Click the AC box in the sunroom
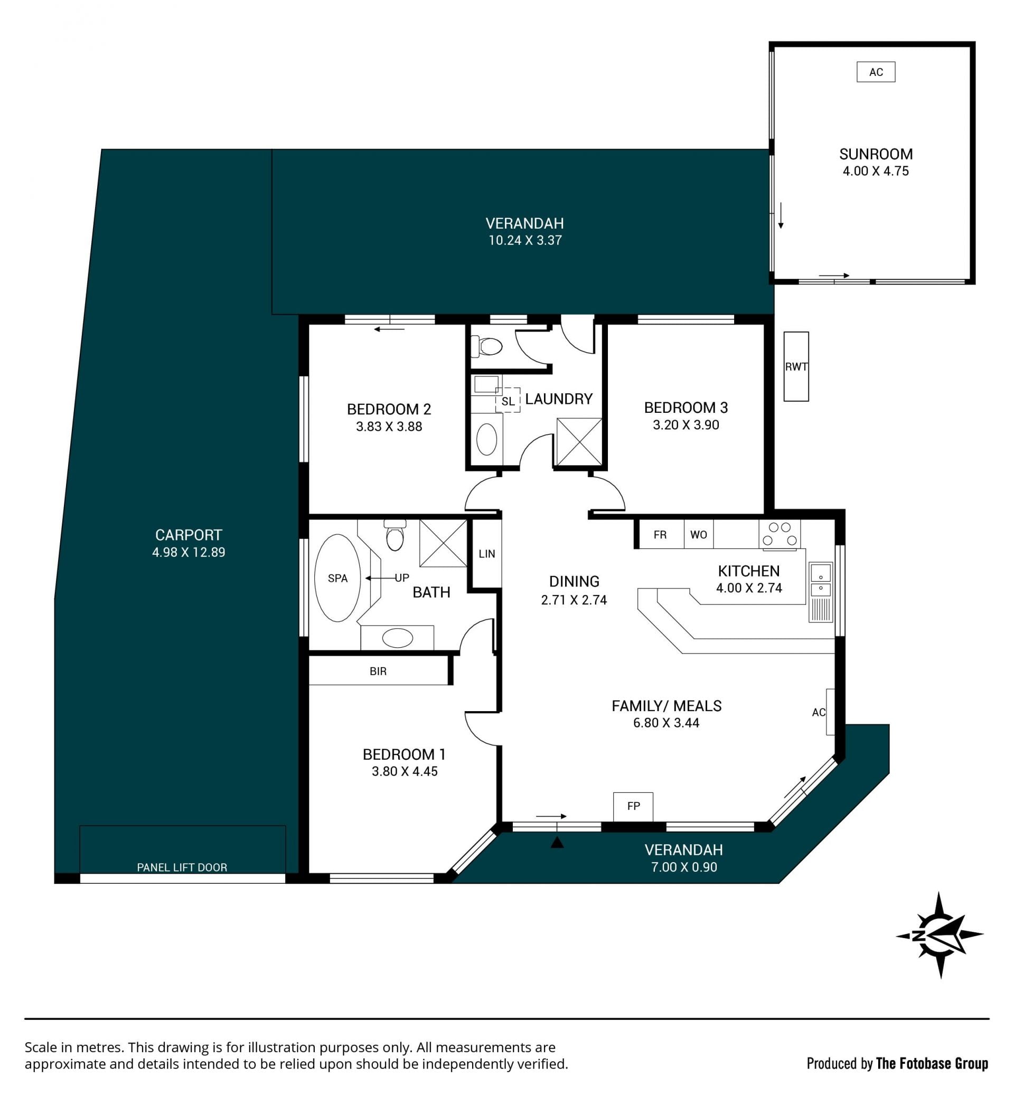click(876, 72)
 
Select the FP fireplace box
click(633, 806)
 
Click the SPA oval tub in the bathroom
click(337, 578)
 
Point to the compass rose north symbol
click(940, 934)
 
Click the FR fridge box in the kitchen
click(660, 534)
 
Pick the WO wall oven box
click(699, 534)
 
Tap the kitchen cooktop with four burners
click(780, 534)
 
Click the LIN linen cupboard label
click(487, 554)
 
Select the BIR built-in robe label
click(378, 672)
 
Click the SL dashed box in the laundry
click(508, 400)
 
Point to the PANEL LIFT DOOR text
click(182, 867)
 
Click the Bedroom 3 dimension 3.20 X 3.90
click(686, 424)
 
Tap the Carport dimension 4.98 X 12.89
click(189, 552)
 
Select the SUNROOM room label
click(876, 154)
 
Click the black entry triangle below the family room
click(557, 842)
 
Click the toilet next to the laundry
click(487, 346)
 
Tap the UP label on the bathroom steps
click(402, 578)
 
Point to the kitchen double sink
click(820, 581)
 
